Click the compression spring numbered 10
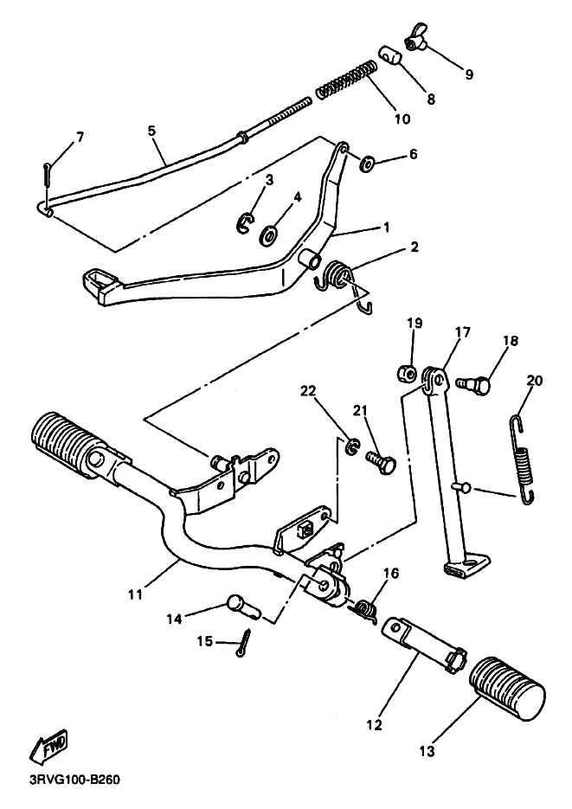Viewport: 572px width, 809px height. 347,78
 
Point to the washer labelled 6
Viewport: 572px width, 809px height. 367,162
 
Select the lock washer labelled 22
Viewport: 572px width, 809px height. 352,446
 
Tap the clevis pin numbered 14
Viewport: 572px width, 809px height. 242,606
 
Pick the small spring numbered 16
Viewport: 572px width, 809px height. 366,609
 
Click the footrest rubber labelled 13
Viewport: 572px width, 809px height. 510,689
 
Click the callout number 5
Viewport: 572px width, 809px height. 151,131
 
